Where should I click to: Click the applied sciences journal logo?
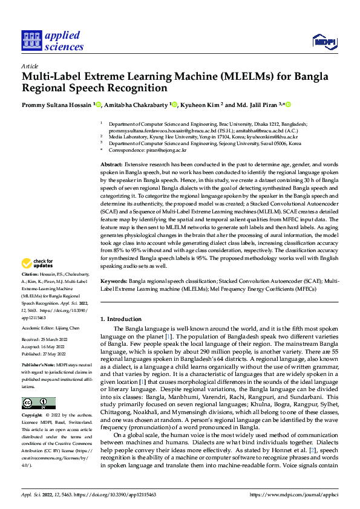(53, 41)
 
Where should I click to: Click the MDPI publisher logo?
(324, 41)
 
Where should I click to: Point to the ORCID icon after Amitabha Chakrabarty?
(175, 105)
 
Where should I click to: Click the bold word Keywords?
(114, 282)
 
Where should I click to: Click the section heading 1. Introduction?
(120, 319)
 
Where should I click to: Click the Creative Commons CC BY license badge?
(38, 403)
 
